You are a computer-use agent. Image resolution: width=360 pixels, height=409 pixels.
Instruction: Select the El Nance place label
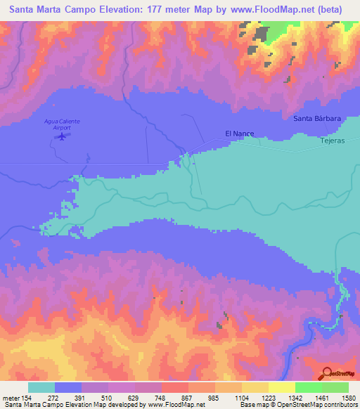(239, 133)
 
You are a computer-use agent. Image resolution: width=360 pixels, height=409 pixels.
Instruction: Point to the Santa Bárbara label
(317, 119)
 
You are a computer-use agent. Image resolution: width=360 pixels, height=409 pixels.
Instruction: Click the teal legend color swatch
(41, 388)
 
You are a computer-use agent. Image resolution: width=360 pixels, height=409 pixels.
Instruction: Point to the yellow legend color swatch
(281, 388)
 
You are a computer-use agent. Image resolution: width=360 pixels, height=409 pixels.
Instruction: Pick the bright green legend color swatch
(308, 388)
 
